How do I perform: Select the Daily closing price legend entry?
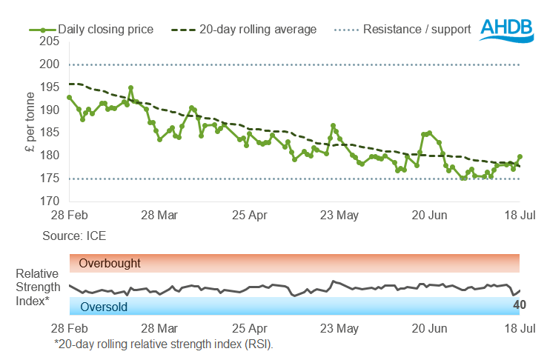tap(92, 30)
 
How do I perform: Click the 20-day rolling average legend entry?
tap(244, 30)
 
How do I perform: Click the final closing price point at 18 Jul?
tap(520, 156)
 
